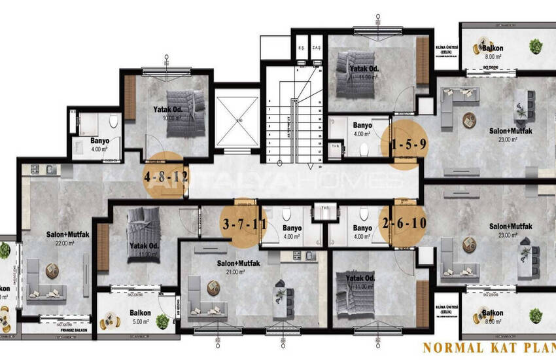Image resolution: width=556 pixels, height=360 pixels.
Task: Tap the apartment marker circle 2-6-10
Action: (405, 223)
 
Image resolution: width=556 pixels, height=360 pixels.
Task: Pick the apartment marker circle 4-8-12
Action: (165, 175)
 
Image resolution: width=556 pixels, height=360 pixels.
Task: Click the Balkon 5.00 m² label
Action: (139, 317)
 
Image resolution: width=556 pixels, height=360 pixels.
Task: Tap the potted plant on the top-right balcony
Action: (536, 46)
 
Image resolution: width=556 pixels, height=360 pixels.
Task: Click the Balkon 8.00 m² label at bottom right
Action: (494, 317)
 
